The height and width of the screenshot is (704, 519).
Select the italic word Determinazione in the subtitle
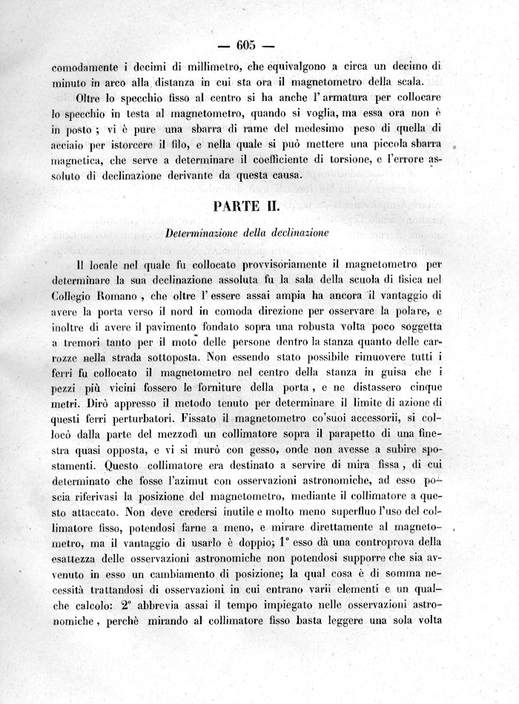pyautogui.click(x=202, y=233)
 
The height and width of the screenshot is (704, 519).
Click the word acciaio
pyautogui.click(x=70, y=145)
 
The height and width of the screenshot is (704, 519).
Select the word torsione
pyautogui.click(x=347, y=159)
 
